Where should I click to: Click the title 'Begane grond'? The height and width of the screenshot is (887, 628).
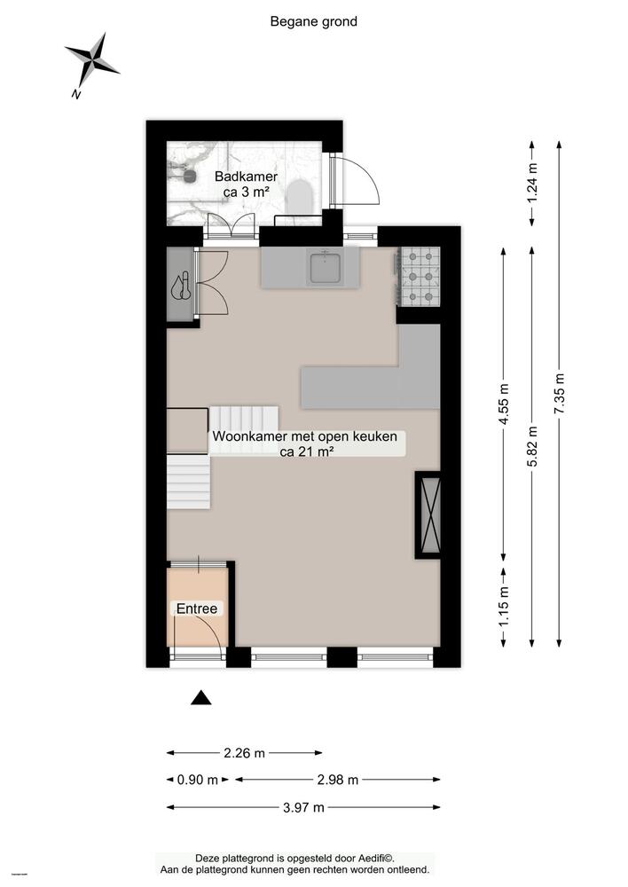(313, 21)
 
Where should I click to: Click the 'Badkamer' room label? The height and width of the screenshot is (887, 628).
(246, 177)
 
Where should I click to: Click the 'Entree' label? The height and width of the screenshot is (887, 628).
(197, 609)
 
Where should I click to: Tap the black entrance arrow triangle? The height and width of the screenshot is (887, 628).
(202, 698)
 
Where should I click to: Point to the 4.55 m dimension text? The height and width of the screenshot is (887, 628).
(505, 404)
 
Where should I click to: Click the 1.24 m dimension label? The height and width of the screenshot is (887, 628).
(531, 182)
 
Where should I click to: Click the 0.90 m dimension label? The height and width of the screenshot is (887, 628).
(197, 781)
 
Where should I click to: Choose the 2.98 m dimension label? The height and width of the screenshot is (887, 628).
(337, 781)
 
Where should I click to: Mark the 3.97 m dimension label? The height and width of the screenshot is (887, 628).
(302, 807)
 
